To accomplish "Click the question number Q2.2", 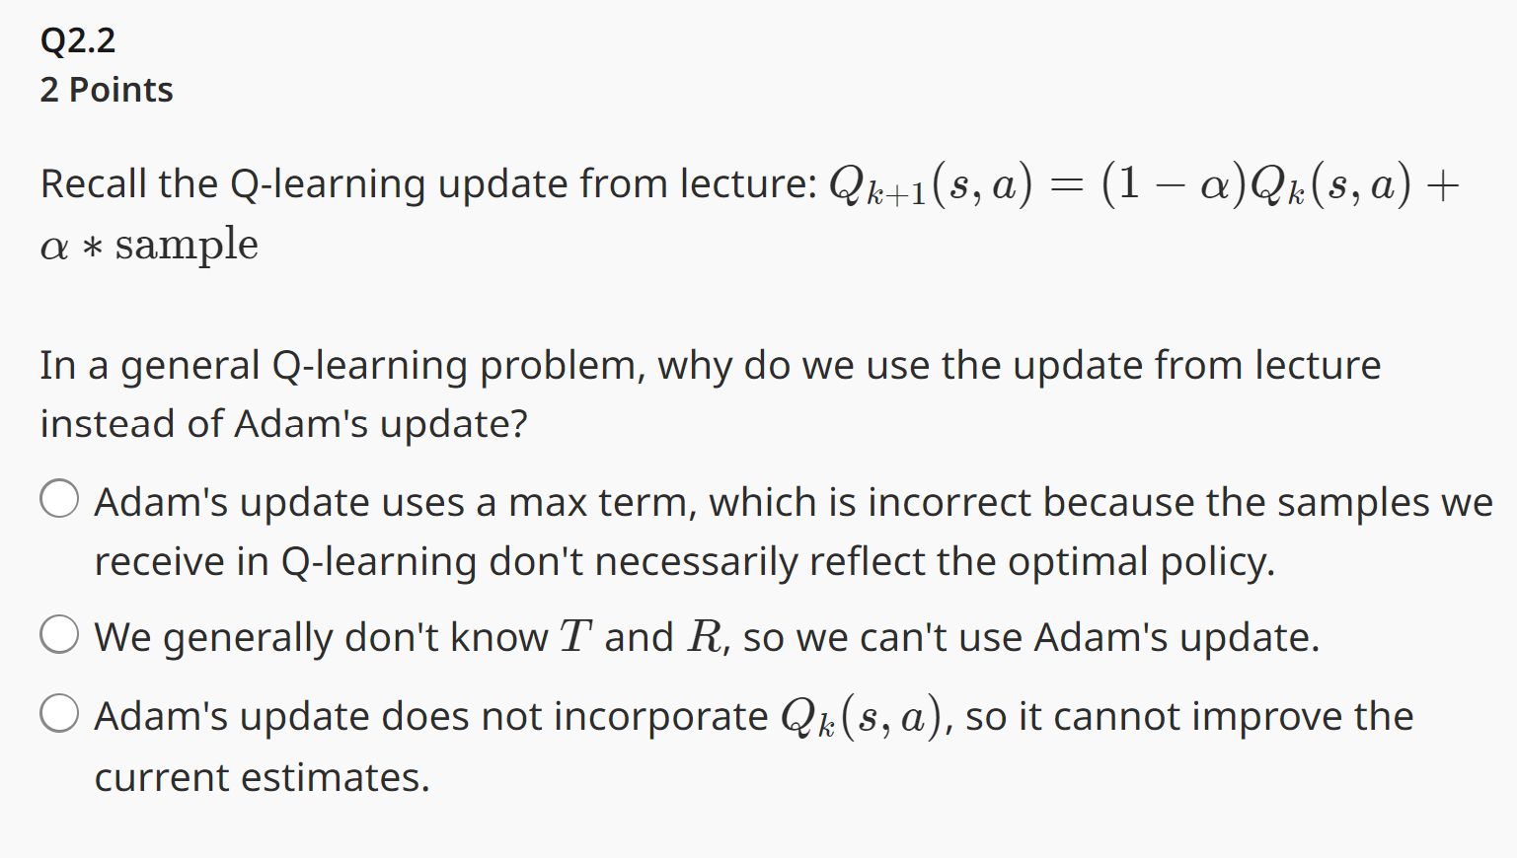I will pyautogui.click(x=78, y=40).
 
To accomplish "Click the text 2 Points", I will pyautogui.click(x=107, y=90).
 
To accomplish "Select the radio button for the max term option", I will pyautogui.click(x=59, y=498).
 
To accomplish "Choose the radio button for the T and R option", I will pyautogui.click(x=59, y=634).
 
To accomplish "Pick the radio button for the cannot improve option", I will pyautogui.click(x=59, y=713).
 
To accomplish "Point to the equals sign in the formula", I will pyautogui.click(x=1066, y=185).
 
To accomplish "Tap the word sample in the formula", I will pyautogui.click(x=187, y=245).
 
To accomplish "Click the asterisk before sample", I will pyautogui.click(x=92, y=248).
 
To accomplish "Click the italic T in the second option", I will pyautogui.click(x=575, y=637).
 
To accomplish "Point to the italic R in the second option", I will pyautogui.click(x=706, y=637).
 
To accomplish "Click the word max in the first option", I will pyautogui.click(x=540, y=503).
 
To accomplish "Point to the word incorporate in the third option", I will pyautogui.click(x=660, y=717).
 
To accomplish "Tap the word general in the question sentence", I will pyautogui.click(x=190, y=367).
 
